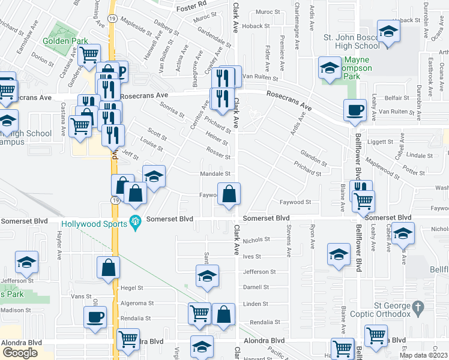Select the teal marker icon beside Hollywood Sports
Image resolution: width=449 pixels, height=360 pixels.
tap(136, 222)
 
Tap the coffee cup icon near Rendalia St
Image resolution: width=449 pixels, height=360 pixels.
tap(95, 317)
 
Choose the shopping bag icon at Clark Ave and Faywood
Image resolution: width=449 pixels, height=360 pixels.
tap(229, 194)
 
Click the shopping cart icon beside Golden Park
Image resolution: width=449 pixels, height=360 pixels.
tap(89, 55)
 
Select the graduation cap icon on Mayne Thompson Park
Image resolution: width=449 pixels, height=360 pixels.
tap(330, 68)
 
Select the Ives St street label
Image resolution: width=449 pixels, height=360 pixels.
tap(253, 256)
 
